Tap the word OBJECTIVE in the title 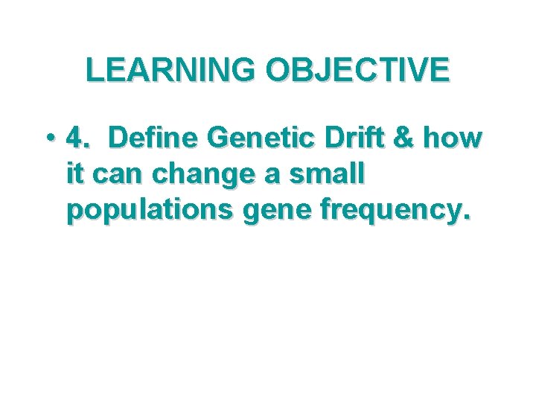tap(358, 70)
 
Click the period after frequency tap(467, 219)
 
